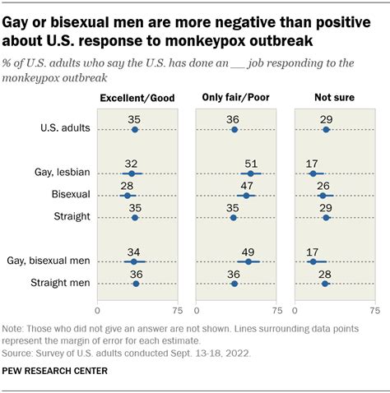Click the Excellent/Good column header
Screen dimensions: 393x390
point(137,99)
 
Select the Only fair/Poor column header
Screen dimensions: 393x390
point(236,99)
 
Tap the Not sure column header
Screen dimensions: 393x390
point(334,99)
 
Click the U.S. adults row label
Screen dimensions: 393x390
point(64,129)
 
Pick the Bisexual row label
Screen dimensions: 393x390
point(70,196)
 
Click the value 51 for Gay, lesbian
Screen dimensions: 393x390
point(251,163)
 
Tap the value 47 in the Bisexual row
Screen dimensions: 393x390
point(245,185)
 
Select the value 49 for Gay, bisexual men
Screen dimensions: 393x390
point(248,251)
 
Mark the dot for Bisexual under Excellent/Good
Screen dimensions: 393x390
point(127,196)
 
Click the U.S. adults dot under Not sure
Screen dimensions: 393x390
point(326,129)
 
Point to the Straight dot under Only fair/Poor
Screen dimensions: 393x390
point(233,218)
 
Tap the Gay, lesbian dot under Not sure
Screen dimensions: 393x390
point(313,173)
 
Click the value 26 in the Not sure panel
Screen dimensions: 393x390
point(323,185)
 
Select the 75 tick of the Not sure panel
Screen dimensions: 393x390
point(375,311)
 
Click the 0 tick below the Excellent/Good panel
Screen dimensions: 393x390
point(98,311)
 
